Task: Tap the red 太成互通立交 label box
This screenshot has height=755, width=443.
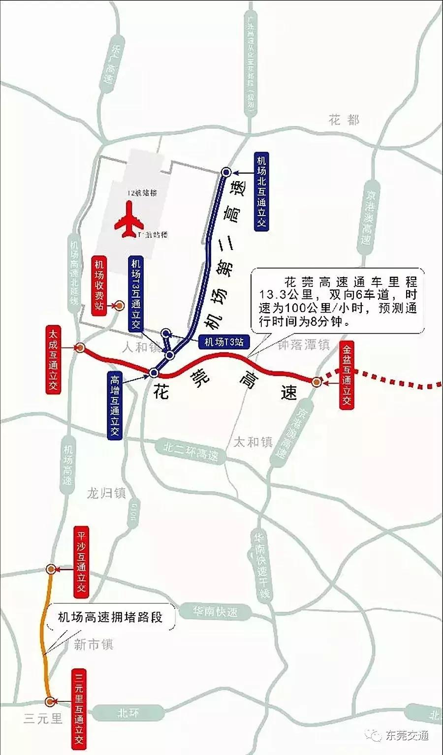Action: (53, 358)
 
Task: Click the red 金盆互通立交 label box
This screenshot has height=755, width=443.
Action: (347, 376)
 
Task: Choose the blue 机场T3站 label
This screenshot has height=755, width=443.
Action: (224, 342)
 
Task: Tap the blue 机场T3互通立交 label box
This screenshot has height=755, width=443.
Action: (135, 294)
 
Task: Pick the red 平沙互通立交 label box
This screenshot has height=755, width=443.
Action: (81, 562)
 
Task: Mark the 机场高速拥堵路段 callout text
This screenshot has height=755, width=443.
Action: (110, 617)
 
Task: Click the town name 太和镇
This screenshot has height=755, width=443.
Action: (253, 441)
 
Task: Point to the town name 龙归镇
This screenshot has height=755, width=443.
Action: (106, 493)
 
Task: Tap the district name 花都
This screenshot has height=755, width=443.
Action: (345, 120)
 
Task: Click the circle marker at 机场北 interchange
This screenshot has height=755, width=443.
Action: (226, 172)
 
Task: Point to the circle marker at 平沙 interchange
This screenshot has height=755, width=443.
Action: (50, 569)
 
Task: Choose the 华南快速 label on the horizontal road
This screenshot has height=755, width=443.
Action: (215, 611)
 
